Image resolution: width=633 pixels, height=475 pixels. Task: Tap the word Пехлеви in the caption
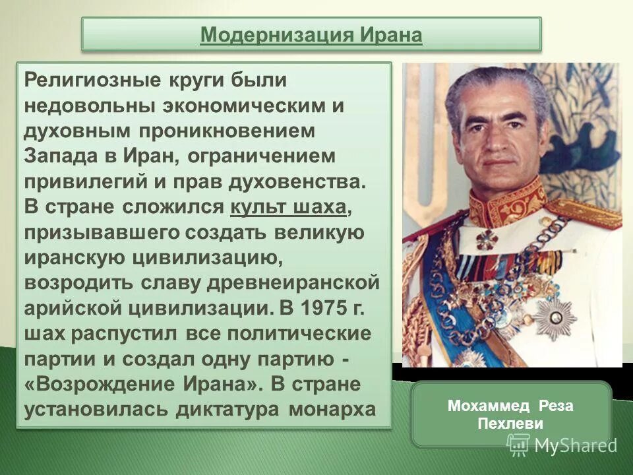(510, 424)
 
